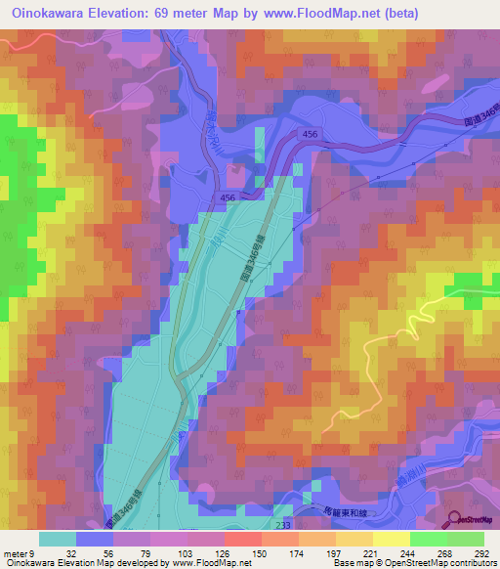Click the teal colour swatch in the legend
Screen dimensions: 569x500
pos(58,540)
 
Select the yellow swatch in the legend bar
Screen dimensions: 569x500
pos(392,540)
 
